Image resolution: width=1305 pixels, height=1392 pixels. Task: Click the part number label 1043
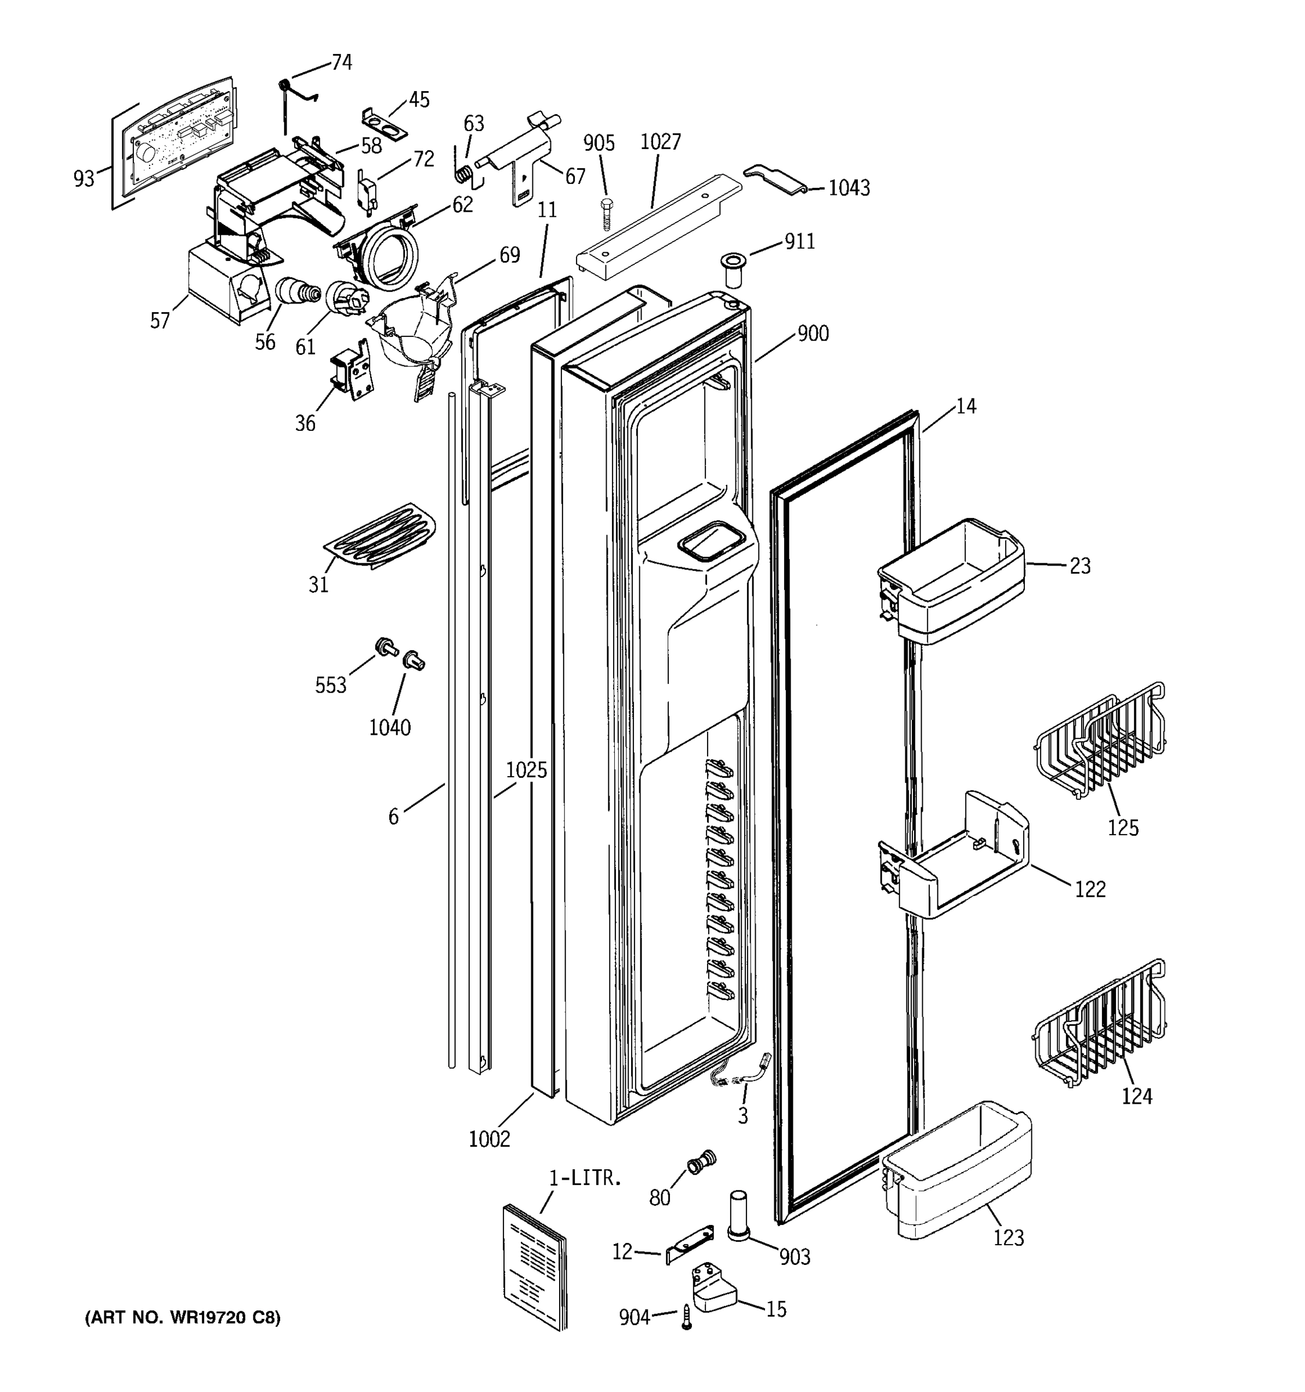pos(849,188)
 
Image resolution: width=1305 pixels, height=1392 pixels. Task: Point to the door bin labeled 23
pos(953,582)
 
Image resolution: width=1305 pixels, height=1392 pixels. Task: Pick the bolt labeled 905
pos(606,213)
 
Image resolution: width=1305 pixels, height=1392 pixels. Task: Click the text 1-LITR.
pos(585,1179)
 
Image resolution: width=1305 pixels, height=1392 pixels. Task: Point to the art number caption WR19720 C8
pos(183,1318)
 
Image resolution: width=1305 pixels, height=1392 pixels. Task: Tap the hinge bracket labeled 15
pos(713,1287)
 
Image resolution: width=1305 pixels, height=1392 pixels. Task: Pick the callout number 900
pos(813,333)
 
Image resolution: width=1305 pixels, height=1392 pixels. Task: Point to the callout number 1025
pos(527,770)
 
